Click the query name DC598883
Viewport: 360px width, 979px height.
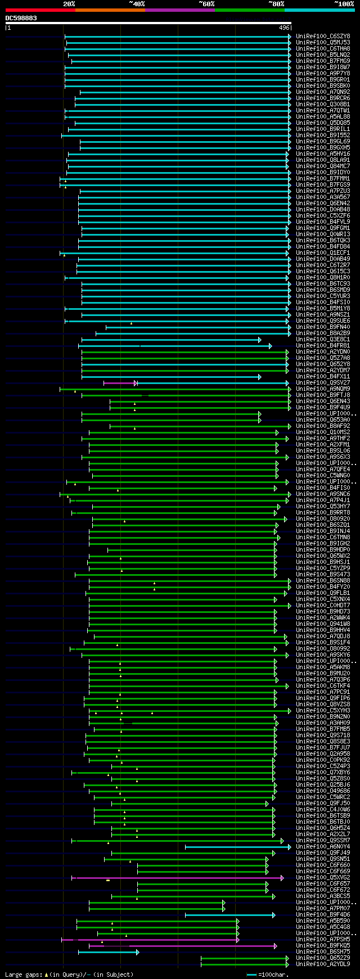pos(21,18)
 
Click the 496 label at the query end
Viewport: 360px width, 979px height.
pos(283,28)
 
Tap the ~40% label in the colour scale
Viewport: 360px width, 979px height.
pos(137,4)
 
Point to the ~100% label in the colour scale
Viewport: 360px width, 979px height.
pos(343,4)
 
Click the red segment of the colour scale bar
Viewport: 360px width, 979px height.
pos(40,10)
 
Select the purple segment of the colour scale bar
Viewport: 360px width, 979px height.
pos(179,10)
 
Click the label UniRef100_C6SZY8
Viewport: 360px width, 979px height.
pos(323,37)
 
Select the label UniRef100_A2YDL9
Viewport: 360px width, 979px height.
pos(323,964)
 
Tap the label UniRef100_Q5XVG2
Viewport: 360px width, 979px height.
pos(323,877)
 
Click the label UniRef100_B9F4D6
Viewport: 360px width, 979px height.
pos(323,914)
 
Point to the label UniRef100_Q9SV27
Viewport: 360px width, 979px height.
pos(323,383)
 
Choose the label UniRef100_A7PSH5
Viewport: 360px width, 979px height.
pos(323,939)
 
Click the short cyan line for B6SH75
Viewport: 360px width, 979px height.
pos(107,952)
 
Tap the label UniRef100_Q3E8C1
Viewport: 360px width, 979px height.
pos(323,340)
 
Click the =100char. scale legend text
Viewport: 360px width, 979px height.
pos(274,975)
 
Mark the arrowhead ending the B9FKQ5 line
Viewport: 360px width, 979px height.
pos(276,946)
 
